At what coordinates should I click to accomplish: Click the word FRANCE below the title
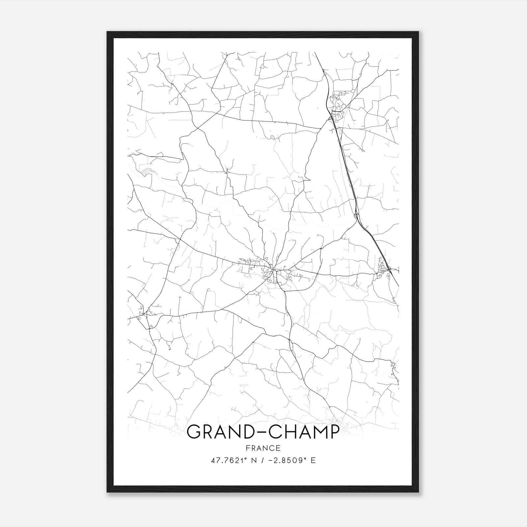tap(263, 448)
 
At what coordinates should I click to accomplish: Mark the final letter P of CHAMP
tap(333, 432)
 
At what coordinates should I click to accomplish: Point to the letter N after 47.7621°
tap(253, 460)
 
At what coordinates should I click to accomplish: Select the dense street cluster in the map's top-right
tap(338, 105)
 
